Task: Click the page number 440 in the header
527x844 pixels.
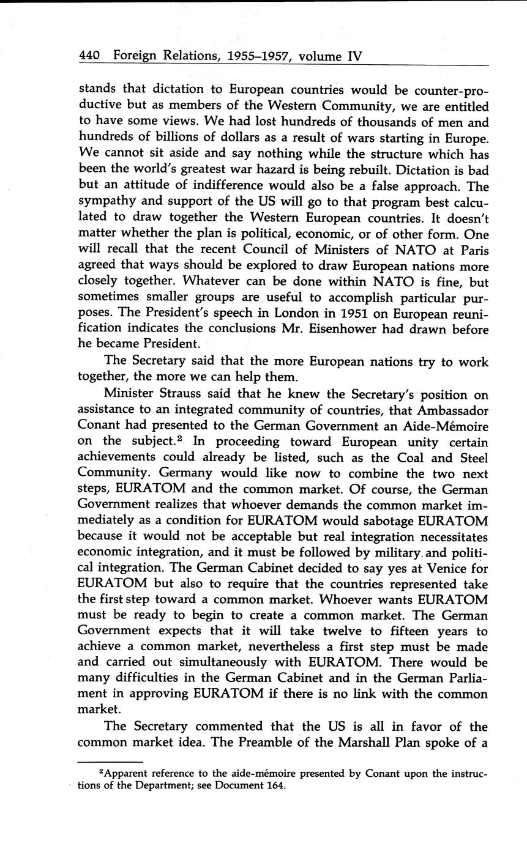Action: click(x=90, y=56)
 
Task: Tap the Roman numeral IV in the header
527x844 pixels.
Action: click(x=355, y=56)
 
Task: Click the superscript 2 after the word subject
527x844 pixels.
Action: click(x=223, y=438)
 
